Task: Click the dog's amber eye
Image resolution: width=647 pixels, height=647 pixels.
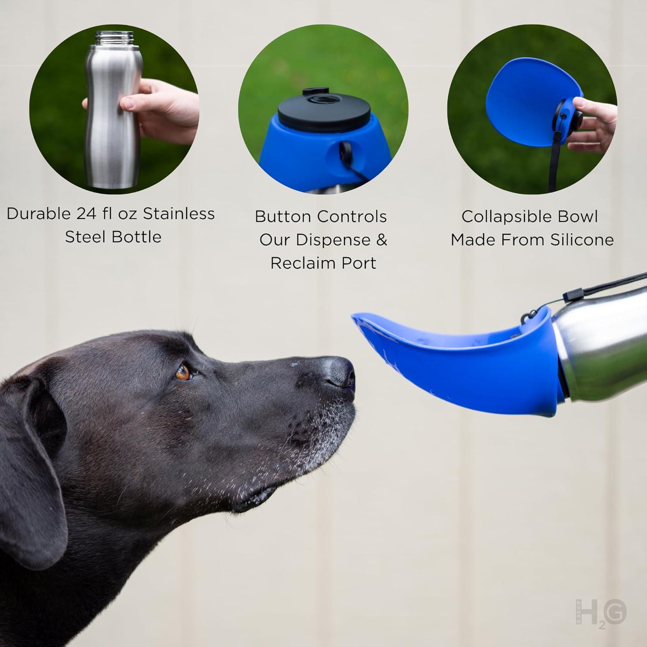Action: click(183, 372)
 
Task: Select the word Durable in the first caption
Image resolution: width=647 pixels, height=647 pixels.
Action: click(39, 214)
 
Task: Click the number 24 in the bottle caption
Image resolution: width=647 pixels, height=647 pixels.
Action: click(88, 214)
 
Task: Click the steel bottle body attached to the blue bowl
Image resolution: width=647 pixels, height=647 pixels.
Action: click(604, 341)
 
